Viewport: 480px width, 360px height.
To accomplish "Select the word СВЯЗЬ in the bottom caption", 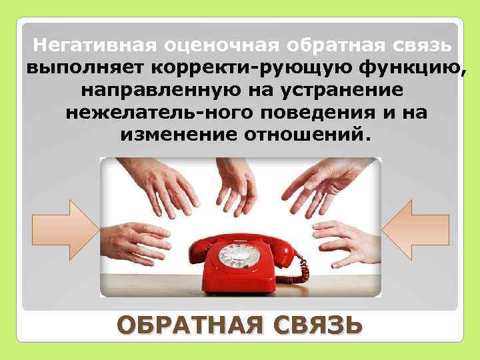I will (311, 326).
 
